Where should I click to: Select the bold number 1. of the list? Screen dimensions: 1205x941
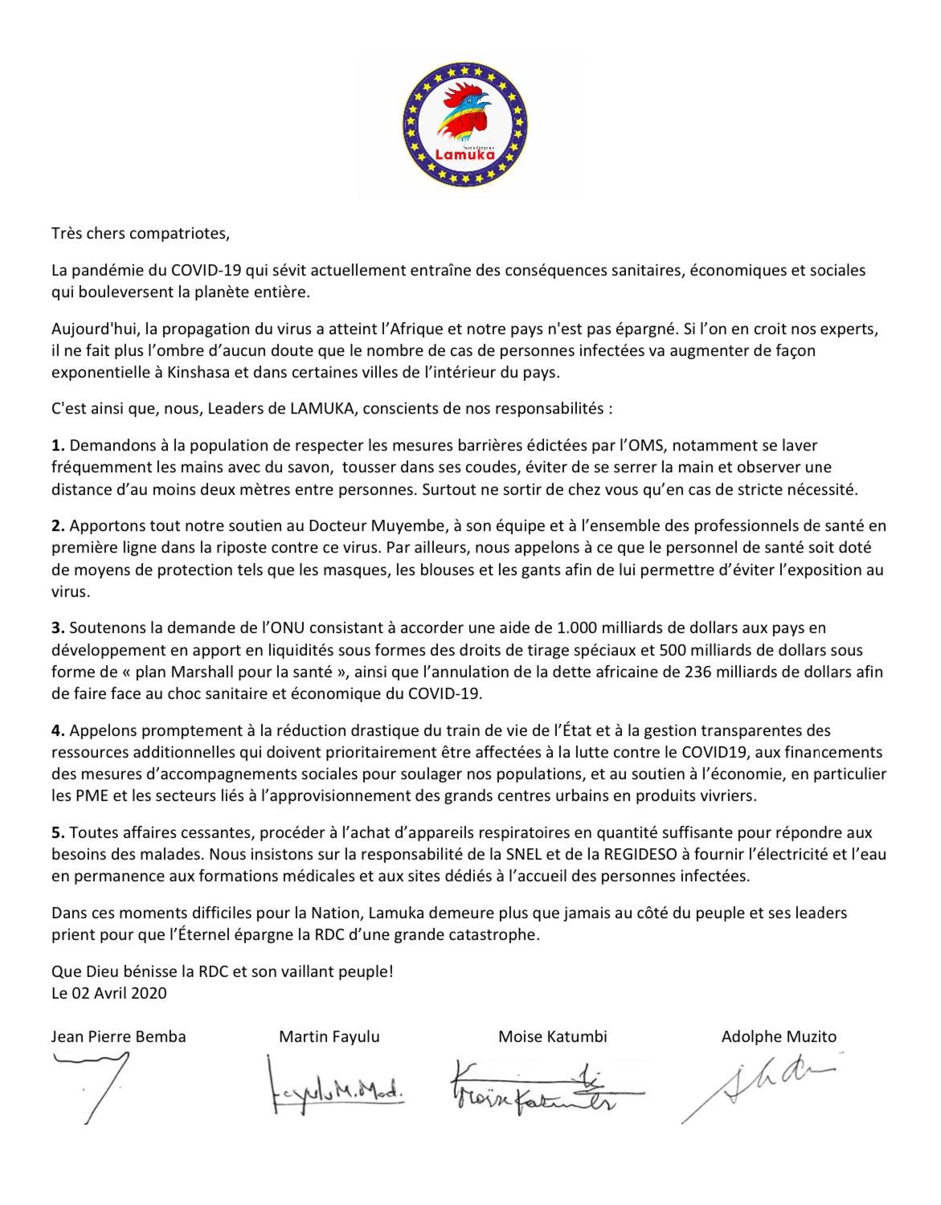57,445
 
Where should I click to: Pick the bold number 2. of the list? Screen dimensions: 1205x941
57,527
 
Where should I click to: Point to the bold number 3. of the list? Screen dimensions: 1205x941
57,627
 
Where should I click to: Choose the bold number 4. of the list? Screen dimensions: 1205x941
57,731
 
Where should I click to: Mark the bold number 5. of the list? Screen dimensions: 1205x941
57,833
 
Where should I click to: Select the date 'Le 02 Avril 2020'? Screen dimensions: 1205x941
108,993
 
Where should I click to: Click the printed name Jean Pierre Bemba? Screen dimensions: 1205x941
118,1037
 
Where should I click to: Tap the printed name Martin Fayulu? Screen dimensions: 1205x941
329,1037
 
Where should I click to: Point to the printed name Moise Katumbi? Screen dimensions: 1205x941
553,1037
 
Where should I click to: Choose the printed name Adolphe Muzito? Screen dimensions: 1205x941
779,1037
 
